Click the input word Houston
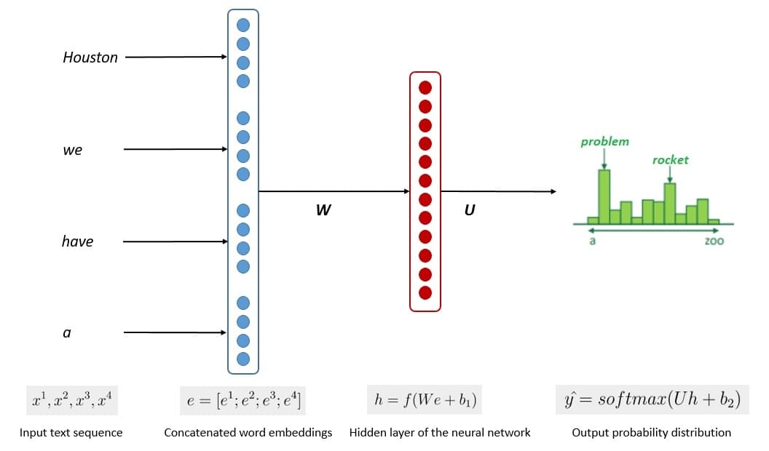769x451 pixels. (90, 57)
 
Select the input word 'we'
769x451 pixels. (73, 151)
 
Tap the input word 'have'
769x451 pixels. (77, 242)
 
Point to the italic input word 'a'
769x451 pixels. (67, 333)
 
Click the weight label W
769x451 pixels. (323, 210)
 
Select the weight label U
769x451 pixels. (470, 210)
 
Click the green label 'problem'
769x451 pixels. (604, 142)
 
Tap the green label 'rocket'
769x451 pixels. (670, 160)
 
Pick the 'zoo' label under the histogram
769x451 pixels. (714, 241)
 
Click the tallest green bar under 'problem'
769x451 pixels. (604, 196)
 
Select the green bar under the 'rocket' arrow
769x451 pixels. (670, 202)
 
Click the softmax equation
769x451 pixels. (652, 400)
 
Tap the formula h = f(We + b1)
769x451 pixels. (426, 400)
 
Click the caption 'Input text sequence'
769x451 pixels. (71, 433)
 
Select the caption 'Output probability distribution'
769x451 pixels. (651, 433)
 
